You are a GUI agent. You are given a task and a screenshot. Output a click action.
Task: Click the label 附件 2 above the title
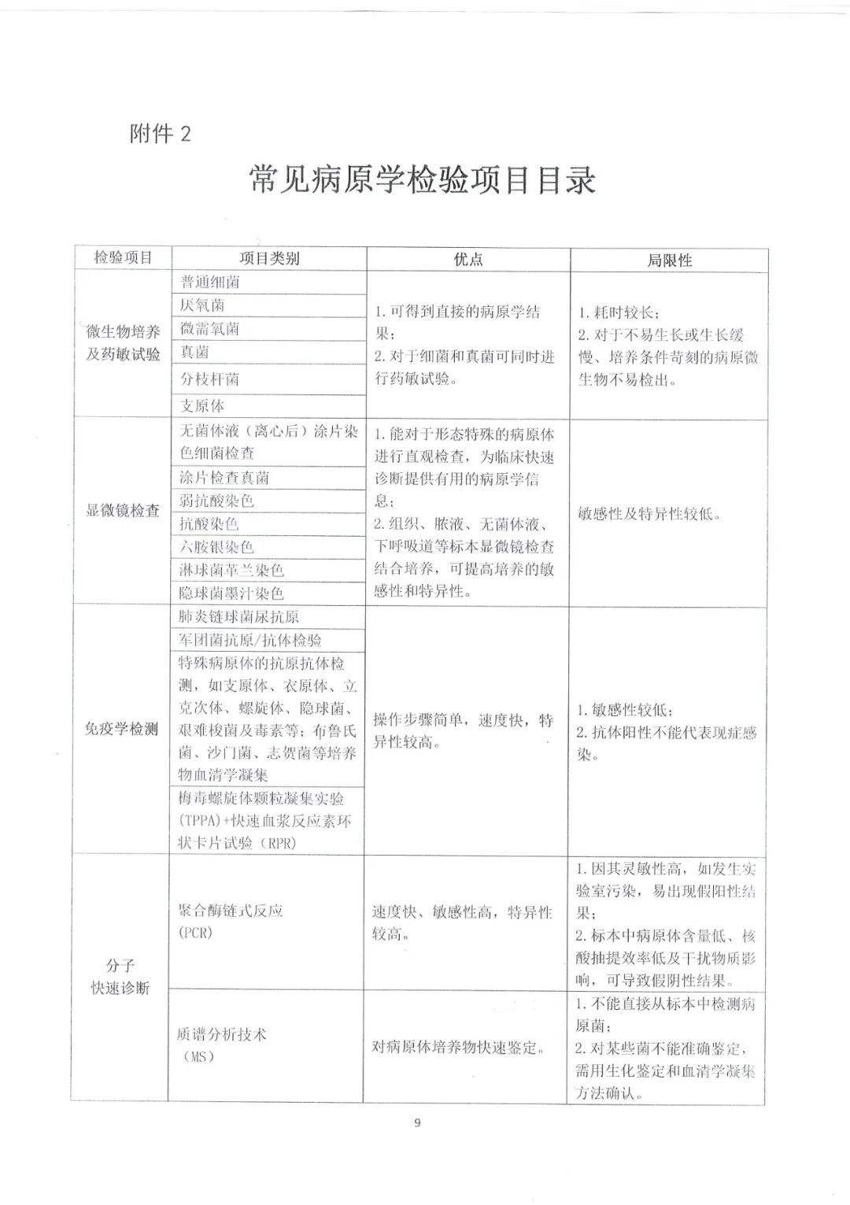tap(160, 135)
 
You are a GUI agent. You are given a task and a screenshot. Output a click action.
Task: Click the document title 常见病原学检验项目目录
tap(423, 180)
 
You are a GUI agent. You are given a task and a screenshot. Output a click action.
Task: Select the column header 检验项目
tap(123, 257)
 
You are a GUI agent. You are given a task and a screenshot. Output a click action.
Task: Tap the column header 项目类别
tap(269, 258)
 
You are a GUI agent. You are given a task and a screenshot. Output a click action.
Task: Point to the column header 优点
tap(468, 259)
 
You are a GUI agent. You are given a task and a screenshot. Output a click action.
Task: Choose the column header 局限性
tap(669, 261)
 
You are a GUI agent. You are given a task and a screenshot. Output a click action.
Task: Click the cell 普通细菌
tap(210, 282)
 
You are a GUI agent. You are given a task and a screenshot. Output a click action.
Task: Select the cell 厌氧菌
tap(202, 305)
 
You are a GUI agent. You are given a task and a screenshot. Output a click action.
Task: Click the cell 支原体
tap(202, 405)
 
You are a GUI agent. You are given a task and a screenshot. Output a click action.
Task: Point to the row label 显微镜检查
tap(123, 510)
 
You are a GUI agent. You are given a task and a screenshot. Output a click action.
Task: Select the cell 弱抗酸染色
tap(216, 501)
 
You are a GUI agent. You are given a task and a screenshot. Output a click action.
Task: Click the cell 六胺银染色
tap(216, 547)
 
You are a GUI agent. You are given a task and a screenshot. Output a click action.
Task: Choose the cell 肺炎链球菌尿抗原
tap(239, 617)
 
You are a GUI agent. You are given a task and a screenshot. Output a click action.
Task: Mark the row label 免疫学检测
tap(122, 729)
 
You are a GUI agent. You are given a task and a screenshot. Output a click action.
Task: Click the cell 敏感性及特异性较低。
tap(649, 514)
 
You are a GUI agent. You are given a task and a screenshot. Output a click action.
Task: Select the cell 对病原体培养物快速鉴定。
tap(459, 1048)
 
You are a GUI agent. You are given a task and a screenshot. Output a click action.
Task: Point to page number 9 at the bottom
tap(417, 1123)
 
